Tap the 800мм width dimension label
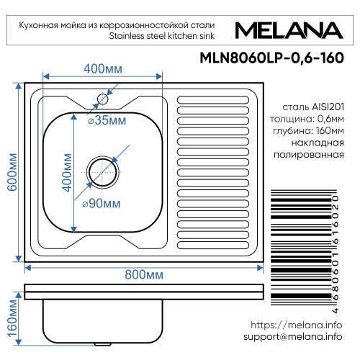(144, 275)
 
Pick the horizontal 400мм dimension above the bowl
(104, 68)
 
